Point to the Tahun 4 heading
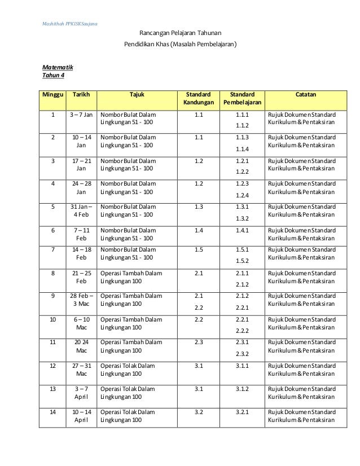[x=54, y=76]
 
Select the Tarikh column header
[x=81, y=94]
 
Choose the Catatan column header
[x=305, y=94]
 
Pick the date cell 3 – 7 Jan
[x=81, y=114]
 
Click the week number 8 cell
[x=53, y=273]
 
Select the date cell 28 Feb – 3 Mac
[x=81, y=299]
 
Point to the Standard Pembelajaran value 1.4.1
[x=242, y=230]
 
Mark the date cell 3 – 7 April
[x=81, y=393]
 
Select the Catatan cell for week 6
[x=301, y=235]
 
